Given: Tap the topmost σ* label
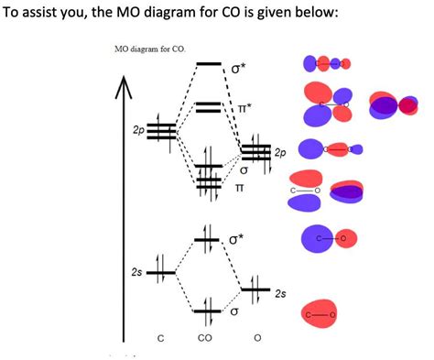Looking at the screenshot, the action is (x=239, y=68).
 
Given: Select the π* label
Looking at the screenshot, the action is (x=243, y=108).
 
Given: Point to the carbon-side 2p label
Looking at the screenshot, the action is (x=139, y=131).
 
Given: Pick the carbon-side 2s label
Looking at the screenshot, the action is (x=136, y=272).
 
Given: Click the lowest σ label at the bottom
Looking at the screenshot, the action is (x=234, y=311).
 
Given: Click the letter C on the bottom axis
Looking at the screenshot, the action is (x=160, y=339).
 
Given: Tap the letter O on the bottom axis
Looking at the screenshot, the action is (x=256, y=339).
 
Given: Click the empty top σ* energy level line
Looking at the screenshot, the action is (x=209, y=64).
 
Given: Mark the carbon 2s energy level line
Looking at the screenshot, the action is (x=161, y=272).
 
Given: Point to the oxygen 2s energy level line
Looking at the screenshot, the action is (x=255, y=290).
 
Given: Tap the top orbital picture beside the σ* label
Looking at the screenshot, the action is (x=326, y=63).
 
